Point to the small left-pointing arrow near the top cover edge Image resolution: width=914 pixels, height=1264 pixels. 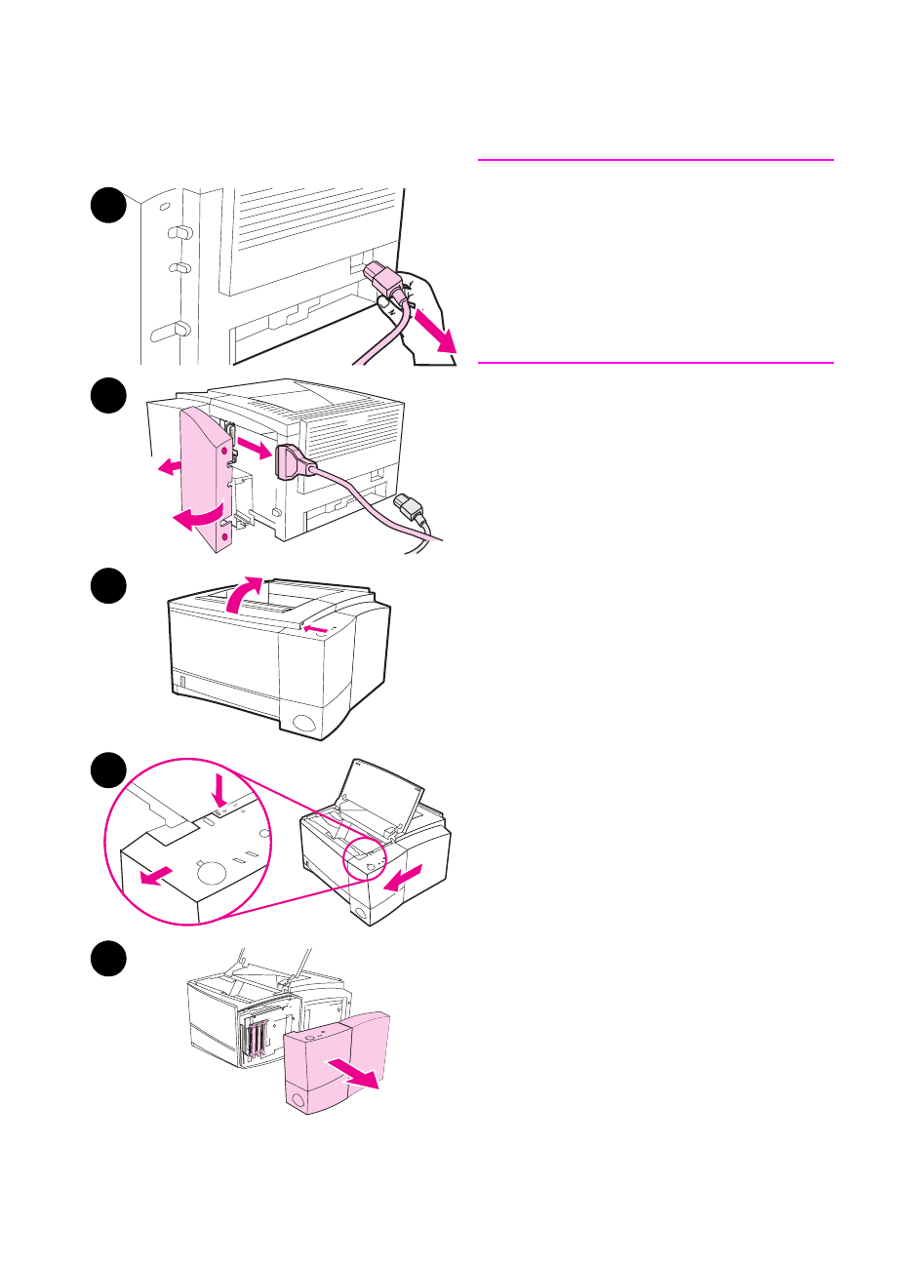[314, 629]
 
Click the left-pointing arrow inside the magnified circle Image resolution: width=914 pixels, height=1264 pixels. [152, 876]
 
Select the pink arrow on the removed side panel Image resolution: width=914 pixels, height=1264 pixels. [351, 1073]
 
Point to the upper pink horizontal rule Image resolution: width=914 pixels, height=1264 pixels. [656, 159]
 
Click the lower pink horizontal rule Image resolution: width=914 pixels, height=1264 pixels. [656, 363]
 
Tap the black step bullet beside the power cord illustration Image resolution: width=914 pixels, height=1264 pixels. [108, 206]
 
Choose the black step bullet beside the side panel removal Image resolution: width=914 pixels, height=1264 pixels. [108, 959]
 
